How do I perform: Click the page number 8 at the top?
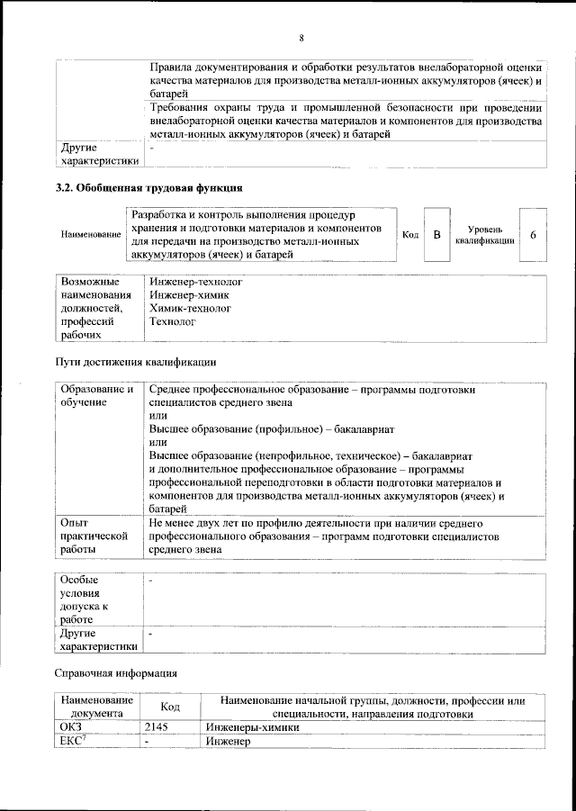(x=301, y=37)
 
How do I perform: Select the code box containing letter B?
(x=436, y=235)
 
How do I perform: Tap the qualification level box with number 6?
(x=534, y=235)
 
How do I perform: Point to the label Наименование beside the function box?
(x=91, y=235)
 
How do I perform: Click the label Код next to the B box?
(x=409, y=235)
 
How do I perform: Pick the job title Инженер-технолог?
(x=195, y=282)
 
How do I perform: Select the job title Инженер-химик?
(x=189, y=295)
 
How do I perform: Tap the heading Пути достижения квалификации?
(x=136, y=363)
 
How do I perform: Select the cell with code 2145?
(x=158, y=726)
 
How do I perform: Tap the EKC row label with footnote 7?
(x=72, y=741)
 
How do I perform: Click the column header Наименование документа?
(x=97, y=707)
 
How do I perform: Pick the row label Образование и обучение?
(x=96, y=395)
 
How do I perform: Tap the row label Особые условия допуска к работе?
(x=85, y=599)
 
